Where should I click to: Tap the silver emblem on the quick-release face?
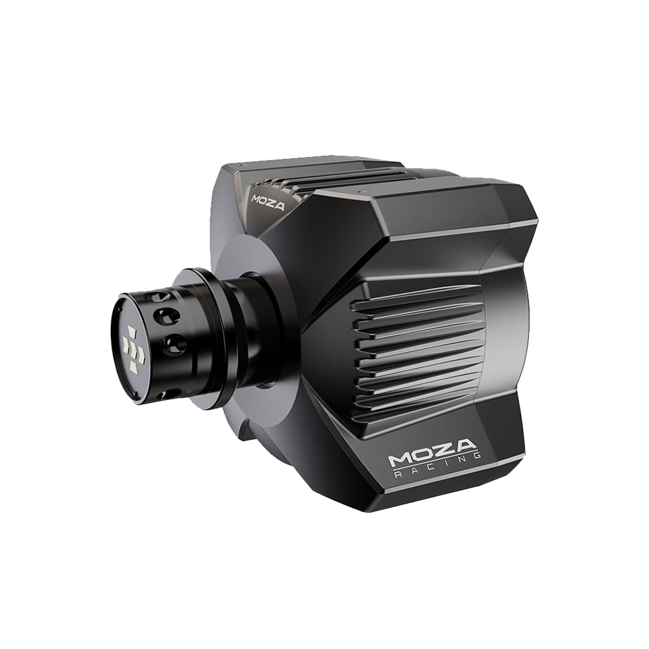point(133,347)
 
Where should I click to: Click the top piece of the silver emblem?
point(132,331)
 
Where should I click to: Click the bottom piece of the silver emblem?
point(135,364)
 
